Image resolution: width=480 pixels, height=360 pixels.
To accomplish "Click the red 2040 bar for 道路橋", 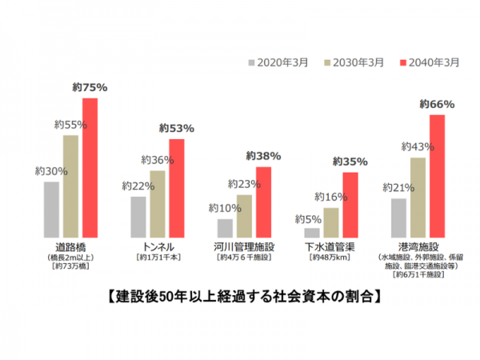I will (90, 168).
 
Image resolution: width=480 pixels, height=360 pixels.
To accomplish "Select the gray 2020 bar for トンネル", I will (138, 217).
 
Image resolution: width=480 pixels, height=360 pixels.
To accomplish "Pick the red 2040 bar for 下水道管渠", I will (350, 205).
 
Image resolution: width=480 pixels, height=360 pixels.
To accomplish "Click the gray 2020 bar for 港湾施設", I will (398, 218).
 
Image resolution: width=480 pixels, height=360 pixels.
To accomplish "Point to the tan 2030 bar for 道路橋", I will (70, 186).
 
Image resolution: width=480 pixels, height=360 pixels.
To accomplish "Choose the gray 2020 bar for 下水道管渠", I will (312, 233).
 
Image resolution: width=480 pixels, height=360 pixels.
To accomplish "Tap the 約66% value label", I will (437, 105).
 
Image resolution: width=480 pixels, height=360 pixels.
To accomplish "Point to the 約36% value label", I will (157, 160).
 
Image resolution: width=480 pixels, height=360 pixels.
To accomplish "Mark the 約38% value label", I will (263, 156).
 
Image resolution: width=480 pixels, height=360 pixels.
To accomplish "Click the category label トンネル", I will (158, 246).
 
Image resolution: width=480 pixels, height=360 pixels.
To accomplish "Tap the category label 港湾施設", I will (418, 246).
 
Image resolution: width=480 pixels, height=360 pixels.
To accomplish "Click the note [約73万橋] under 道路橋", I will (71, 266).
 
